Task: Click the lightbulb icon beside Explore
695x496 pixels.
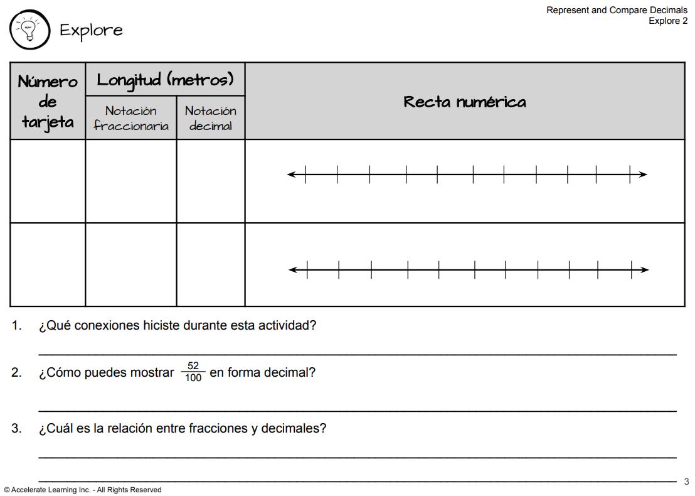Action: (x=29, y=29)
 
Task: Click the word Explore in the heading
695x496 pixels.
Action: (x=91, y=30)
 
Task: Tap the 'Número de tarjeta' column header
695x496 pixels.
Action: (x=48, y=101)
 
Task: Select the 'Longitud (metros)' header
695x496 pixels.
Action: (x=165, y=80)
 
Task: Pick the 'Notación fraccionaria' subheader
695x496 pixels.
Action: (x=131, y=118)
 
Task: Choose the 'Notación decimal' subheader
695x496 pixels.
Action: (x=211, y=118)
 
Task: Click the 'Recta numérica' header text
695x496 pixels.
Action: (x=464, y=102)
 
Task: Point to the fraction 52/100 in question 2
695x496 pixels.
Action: (x=193, y=372)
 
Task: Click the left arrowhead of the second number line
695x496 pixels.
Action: (x=293, y=270)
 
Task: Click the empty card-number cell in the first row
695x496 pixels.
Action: (x=48, y=181)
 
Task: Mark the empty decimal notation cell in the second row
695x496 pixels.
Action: (x=211, y=264)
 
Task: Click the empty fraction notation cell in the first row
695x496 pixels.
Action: (x=131, y=181)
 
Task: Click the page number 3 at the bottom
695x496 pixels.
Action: (x=686, y=482)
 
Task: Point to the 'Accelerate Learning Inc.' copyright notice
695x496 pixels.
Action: (x=82, y=490)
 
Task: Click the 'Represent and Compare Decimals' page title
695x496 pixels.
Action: (x=617, y=10)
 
